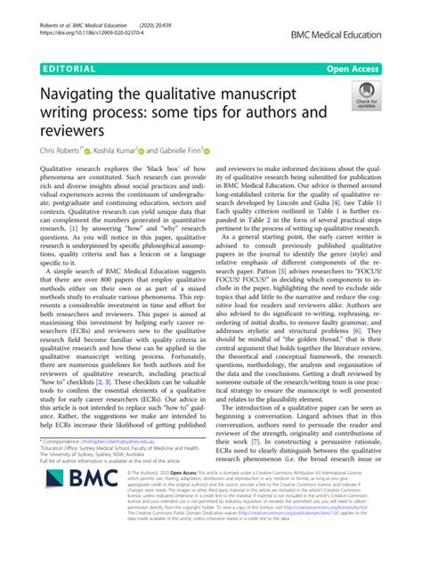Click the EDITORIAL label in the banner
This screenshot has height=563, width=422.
(68, 66)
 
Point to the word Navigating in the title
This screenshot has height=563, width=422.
(81, 91)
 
